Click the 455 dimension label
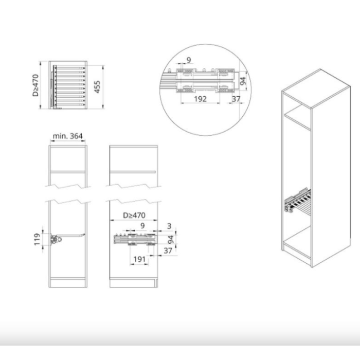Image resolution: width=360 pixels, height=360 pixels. (97, 87)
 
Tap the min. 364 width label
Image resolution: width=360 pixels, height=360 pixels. (67, 136)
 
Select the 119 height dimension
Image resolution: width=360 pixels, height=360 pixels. (37, 240)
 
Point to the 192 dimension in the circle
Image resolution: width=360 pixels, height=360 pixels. (200, 99)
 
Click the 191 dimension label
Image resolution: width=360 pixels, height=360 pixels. (139, 259)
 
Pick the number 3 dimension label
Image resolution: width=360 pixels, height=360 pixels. (169, 226)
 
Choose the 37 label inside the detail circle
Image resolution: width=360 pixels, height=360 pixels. (236, 99)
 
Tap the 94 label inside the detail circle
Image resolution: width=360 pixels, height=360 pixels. (243, 81)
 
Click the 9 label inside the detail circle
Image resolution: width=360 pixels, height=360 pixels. (189, 60)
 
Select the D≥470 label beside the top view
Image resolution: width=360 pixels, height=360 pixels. (35, 85)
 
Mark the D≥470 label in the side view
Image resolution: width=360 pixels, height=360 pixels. (134, 215)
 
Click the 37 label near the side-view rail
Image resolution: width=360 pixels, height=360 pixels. (168, 250)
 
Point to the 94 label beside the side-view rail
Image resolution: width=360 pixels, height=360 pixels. (171, 240)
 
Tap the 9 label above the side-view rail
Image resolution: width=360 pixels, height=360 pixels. (142, 226)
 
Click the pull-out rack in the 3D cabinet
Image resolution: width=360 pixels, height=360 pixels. (298, 200)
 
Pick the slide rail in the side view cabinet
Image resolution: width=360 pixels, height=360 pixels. (135, 239)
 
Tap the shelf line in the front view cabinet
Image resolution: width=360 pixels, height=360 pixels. (68, 171)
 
